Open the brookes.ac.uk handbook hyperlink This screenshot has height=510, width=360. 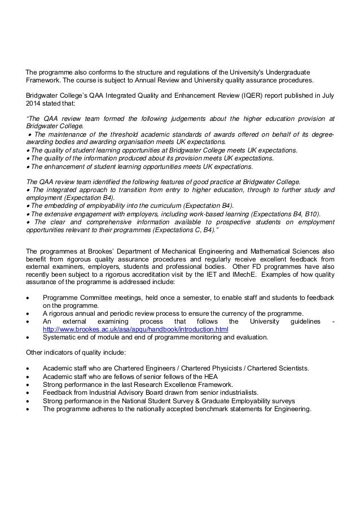point(135,329)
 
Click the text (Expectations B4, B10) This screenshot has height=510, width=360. point(274,214)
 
